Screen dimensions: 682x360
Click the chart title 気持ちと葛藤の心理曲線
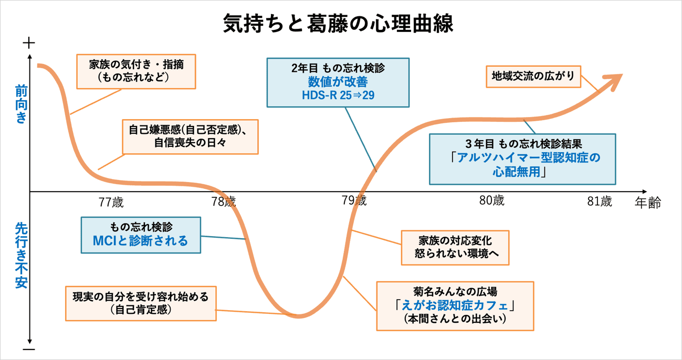pyautogui.click(x=338, y=23)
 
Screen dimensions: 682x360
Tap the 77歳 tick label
pyautogui.click(x=111, y=203)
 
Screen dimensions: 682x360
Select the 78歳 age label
pyautogui.click(x=224, y=202)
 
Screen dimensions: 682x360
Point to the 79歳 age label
pyautogui.click(x=354, y=200)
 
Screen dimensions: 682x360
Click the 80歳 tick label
pyautogui.click(x=492, y=200)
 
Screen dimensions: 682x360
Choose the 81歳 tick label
pyautogui.click(x=600, y=202)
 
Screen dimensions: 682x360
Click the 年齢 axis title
pyautogui.click(x=648, y=203)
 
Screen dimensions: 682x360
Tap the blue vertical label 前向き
pyautogui.click(x=22, y=104)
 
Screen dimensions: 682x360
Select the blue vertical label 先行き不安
pyautogui.click(x=22, y=256)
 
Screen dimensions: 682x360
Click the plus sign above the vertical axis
pyautogui.click(x=29, y=43)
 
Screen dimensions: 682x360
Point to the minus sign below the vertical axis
pyautogui.click(x=29, y=349)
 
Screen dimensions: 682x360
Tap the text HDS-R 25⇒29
pyautogui.click(x=338, y=96)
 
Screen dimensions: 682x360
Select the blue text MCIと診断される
pyautogui.click(x=140, y=241)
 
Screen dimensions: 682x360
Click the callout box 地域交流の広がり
pyautogui.click(x=533, y=77)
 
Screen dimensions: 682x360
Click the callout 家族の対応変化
pyautogui.click(x=455, y=248)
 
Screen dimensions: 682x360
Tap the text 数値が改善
pyautogui.click(x=338, y=81)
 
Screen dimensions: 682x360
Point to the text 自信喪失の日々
pyautogui.click(x=190, y=142)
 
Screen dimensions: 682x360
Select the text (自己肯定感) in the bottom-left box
pyautogui.click(x=141, y=310)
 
